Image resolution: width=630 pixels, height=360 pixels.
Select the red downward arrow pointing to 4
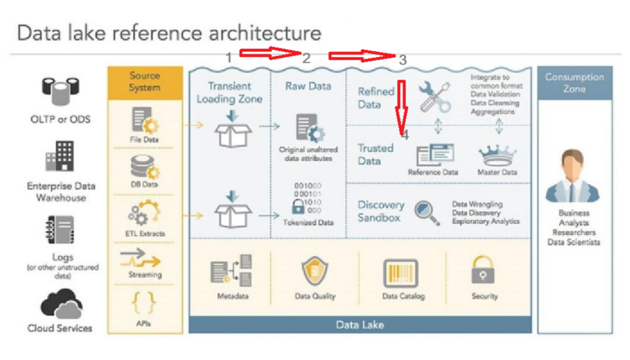[401, 105]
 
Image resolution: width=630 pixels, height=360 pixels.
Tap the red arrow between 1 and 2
[269, 53]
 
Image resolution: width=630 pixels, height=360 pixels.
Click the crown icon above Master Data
[497, 155]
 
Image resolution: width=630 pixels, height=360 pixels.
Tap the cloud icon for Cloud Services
[61, 305]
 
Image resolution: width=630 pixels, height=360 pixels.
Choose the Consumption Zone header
[575, 82]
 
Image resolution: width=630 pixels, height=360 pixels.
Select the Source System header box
[144, 82]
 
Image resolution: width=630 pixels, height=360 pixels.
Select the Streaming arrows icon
[144, 260]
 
